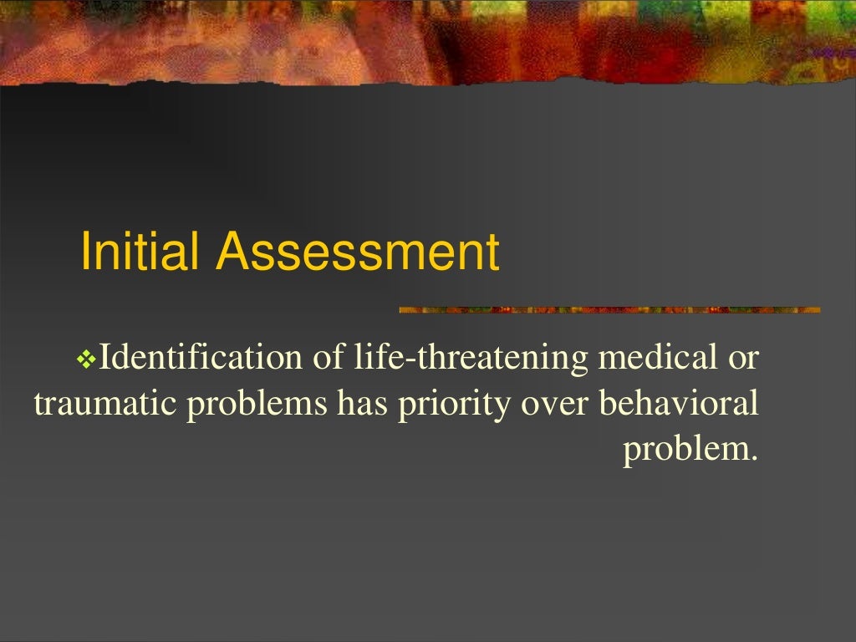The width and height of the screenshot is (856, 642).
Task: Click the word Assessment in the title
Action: point(357,252)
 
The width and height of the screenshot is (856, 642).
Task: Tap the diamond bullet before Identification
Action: point(87,359)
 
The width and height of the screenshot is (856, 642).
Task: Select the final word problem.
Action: point(685,451)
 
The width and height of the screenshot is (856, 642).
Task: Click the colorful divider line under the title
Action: point(609,310)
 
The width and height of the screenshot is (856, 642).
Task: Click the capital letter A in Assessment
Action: point(232,252)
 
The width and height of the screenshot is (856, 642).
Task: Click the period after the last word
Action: point(753,457)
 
